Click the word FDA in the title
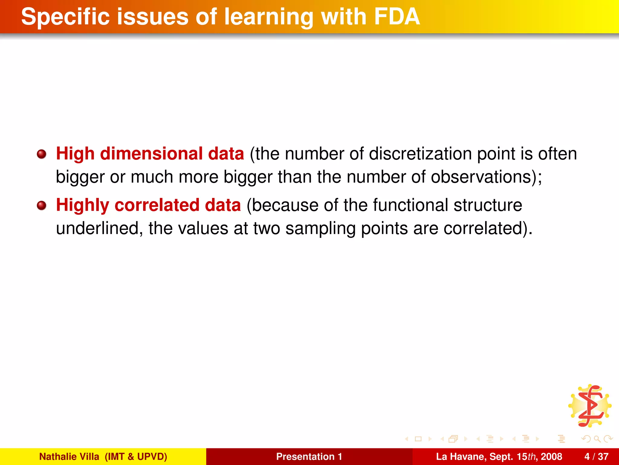click(x=397, y=17)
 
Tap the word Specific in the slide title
click(x=65, y=17)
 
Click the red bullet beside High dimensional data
click(x=41, y=154)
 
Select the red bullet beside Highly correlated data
click(x=41, y=206)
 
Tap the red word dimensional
click(x=151, y=154)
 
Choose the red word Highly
click(x=83, y=206)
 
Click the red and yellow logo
click(x=590, y=406)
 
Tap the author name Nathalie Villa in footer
click(x=69, y=457)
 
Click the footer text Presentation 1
click(x=309, y=457)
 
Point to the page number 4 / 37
click(x=596, y=457)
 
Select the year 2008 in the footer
click(x=551, y=457)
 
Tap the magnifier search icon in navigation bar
click(x=597, y=439)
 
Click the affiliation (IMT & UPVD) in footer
click(x=136, y=457)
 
